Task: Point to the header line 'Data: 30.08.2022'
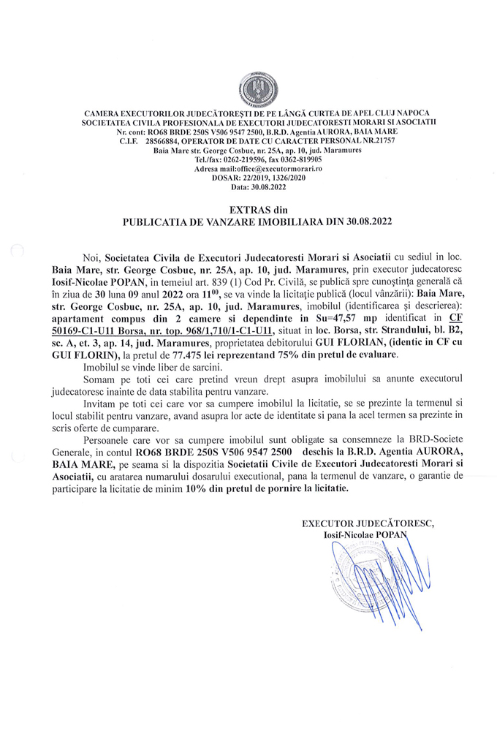248,187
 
